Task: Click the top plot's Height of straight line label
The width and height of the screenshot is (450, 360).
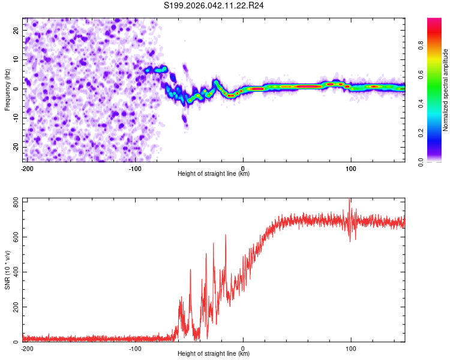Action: point(214,174)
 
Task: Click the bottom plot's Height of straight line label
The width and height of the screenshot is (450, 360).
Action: point(214,354)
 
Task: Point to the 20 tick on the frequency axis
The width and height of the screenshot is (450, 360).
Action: point(16,30)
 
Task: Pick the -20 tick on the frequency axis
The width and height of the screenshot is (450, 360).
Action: point(15,147)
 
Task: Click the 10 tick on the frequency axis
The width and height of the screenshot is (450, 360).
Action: point(16,59)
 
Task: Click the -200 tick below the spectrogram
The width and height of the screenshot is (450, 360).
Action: point(27,168)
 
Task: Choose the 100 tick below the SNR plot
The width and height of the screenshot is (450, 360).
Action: point(350,348)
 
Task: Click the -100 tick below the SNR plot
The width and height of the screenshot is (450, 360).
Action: point(135,348)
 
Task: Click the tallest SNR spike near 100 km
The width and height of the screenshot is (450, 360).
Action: point(350,200)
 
